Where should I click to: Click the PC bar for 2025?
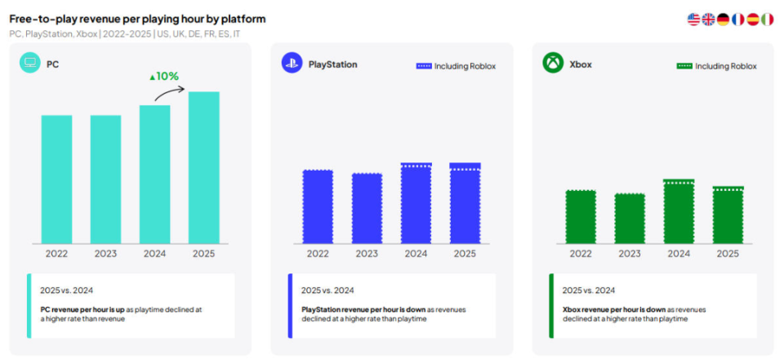[203, 167]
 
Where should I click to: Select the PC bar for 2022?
[57, 179]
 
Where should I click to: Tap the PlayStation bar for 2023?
[367, 207]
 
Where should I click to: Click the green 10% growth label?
[163, 77]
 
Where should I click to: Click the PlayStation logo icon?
[292, 63]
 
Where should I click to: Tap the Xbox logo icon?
[553, 63]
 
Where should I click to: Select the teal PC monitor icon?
[30, 63]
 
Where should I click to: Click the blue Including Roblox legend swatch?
[423, 66]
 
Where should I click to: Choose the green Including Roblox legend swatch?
[684, 66]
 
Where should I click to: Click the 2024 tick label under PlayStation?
[416, 254]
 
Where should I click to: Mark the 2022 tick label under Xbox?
[581, 254]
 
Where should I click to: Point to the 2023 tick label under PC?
[105, 254]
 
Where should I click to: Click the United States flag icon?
[694, 19]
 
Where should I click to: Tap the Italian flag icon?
[767, 19]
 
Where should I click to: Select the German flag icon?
[723, 19]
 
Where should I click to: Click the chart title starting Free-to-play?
[137, 19]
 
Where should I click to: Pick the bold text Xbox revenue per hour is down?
[615, 309]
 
